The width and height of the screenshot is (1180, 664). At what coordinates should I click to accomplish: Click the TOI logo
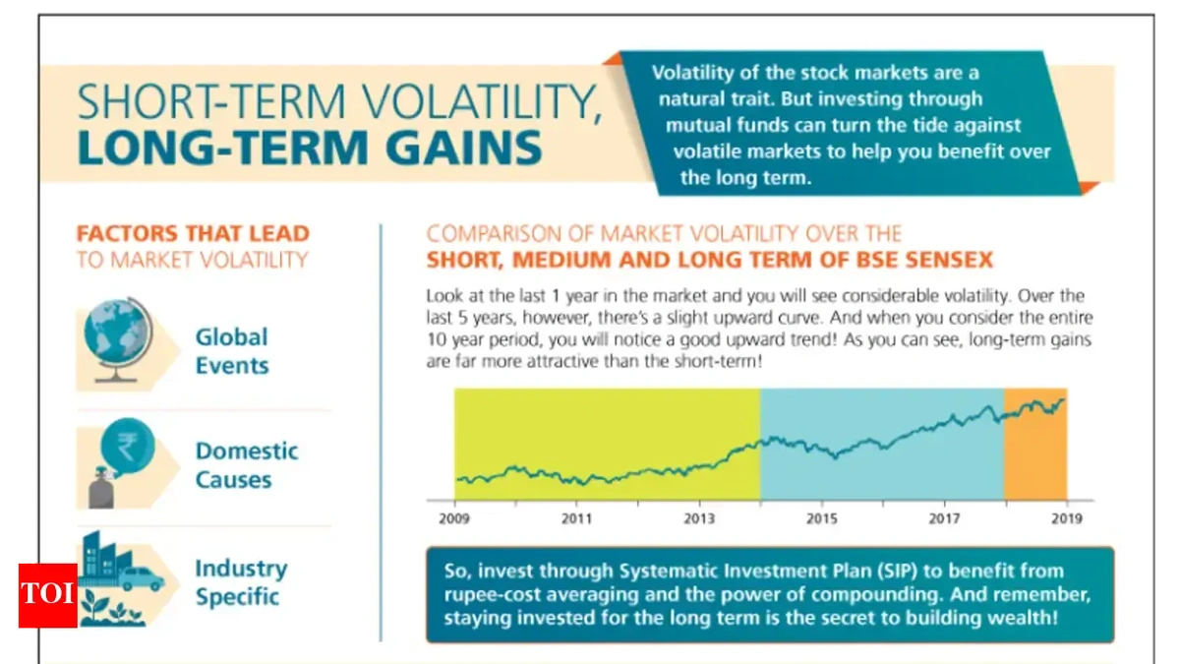(45, 596)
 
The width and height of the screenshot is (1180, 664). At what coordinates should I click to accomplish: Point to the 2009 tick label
(454, 517)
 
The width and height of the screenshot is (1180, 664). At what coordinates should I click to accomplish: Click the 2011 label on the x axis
(577, 517)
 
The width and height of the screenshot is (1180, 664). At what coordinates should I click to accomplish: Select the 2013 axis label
(699, 517)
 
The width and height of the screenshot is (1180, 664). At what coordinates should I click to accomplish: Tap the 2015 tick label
(822, 517)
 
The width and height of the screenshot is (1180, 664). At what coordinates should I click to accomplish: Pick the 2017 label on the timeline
(944, 517)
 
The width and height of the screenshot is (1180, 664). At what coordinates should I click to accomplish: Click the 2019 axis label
(1066, 517)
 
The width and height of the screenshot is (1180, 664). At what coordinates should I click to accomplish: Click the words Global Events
(231, 351)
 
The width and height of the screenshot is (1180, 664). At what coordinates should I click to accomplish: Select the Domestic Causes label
(246, 465)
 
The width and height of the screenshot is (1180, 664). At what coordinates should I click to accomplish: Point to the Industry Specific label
(240, 582)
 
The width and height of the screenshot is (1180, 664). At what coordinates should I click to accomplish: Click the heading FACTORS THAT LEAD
(193, 234)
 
